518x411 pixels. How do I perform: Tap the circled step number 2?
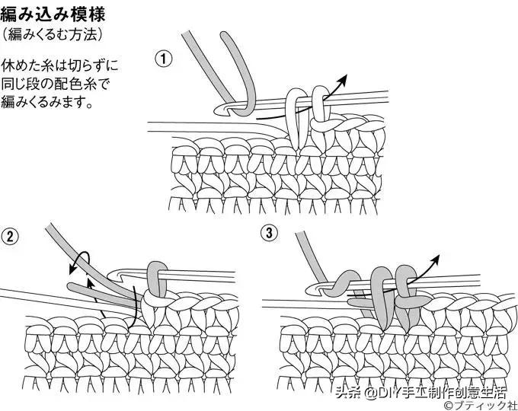coord(10,237)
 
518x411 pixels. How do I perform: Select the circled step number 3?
coord(269,234)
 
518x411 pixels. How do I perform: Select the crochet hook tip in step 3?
coord(313,288)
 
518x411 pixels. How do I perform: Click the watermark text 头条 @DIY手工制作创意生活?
coord(424,393)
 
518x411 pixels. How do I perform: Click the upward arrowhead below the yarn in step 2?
coord(89,283)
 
